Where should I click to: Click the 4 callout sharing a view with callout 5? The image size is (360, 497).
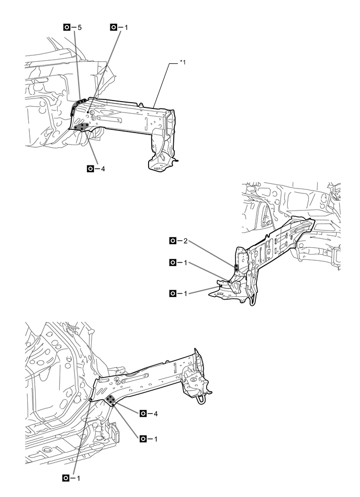[x=96, y=169]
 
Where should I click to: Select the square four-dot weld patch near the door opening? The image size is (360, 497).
[x=111, y=400]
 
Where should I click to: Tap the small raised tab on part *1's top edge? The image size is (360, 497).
[x=140, y=103]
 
